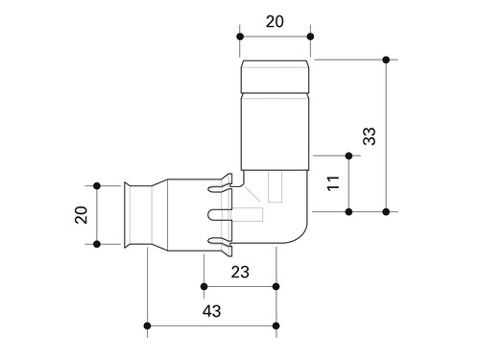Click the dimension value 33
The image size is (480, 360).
click(370, 136)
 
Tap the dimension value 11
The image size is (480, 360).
click(333, 183)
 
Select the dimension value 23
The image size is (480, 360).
click(240, 272)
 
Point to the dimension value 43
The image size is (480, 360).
click(211, 311)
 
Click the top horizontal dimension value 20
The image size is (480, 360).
click(275, 22)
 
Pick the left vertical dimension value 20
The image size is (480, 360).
click(81, 215)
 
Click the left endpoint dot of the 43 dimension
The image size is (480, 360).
click(147, 325)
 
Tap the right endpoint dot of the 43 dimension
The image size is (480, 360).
click(276, 325)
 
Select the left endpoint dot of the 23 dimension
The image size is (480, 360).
click(204, 286)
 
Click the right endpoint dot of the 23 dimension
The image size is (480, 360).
click(276, 286)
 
